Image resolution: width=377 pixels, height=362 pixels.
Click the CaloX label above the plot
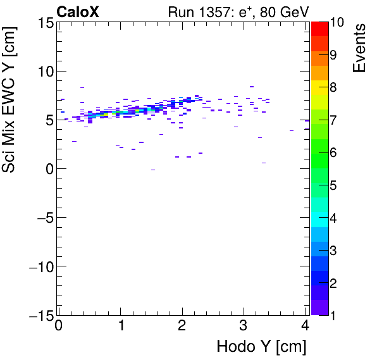point(78,11)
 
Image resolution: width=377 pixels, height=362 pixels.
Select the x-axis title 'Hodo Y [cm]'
point(261,347)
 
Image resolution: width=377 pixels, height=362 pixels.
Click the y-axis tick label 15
point(45,23)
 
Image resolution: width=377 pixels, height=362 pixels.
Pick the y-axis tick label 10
point(45,72)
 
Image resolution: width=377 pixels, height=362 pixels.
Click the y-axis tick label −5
point(41,218)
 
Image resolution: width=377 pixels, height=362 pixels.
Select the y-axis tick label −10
point(38,266)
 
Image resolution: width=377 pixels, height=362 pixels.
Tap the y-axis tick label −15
point(38,315)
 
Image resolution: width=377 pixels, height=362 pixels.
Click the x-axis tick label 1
point(120,327)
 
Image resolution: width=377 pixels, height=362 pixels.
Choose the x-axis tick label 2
point(182,327)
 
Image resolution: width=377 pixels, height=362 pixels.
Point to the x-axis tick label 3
point(244,327)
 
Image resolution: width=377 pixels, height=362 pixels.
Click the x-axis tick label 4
point(305,327)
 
